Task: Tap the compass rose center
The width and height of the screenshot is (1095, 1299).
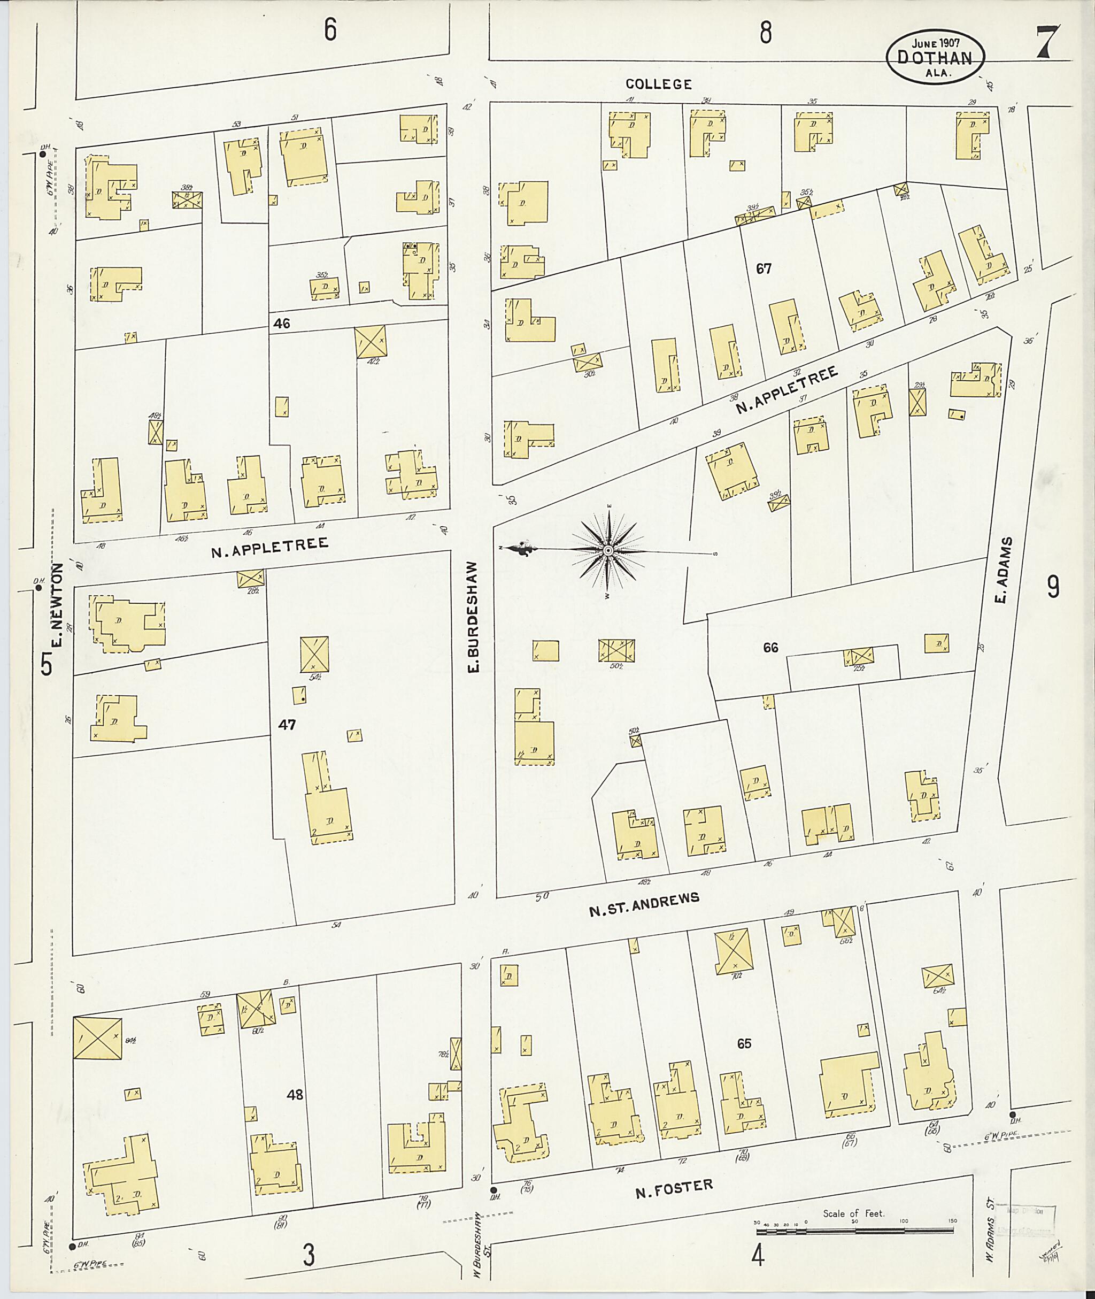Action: pyautogui.click(x=608, y=551)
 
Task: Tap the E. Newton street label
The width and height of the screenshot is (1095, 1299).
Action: pyautogui.click(x=58, y=605)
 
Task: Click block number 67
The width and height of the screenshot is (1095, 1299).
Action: pyautogui.click(x=763, y=269)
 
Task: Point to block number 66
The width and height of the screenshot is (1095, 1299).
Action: pyautogui.click(x=770, y=648)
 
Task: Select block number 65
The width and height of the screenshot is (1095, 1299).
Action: pyautogui.click(x=744, y=1043)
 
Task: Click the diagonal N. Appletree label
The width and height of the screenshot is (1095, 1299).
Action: pyautogui.click(x=786, y=390)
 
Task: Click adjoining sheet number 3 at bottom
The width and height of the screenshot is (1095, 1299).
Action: pyautogui.click(x=308, y=1256)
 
